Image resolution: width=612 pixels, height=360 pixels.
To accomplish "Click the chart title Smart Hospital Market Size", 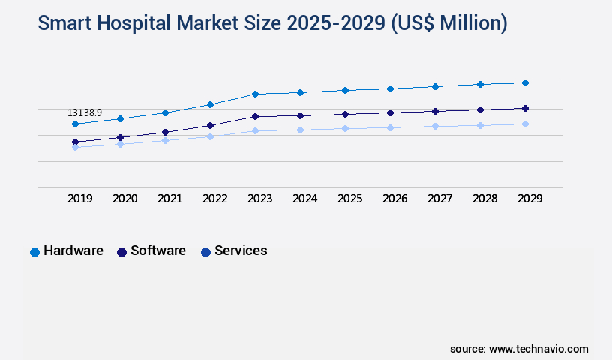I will coord(272,24).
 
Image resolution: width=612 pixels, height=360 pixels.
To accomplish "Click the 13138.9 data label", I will coord(85,113).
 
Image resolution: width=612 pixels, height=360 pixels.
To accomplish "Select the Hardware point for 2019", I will coord(75,124).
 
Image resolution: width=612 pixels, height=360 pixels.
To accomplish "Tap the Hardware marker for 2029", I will coord(525,82).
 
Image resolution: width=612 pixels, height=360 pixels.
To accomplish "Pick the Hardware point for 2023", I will coord(255,94).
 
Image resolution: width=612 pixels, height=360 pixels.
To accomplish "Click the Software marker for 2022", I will coord(210,125).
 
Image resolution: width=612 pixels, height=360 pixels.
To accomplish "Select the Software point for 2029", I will coord(525,108).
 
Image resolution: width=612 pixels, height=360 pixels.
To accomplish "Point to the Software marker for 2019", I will coord(75,142).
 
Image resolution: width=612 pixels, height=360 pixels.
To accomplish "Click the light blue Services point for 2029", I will coord(525,124).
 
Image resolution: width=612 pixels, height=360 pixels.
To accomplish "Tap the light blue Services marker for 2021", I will coord(165,140).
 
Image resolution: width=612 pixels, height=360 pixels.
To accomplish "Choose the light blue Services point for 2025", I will coord(345,128).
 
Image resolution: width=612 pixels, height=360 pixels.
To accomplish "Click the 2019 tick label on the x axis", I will coord(80,199).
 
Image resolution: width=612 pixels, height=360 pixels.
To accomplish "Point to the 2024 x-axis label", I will coord(305,199).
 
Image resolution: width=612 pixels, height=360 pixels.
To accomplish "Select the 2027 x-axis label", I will coord(440,199).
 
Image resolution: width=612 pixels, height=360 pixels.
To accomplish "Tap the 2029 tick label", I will coord(530,199).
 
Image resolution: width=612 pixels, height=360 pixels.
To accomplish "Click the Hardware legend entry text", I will coord(73,250).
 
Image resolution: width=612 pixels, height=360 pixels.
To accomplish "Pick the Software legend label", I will coord(158,250).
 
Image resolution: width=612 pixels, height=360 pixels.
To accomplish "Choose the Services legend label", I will coord(241,250).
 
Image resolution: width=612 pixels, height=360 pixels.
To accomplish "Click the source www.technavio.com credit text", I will coord(519,349).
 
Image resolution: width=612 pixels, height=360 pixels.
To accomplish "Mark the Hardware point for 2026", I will coord(390,88).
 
